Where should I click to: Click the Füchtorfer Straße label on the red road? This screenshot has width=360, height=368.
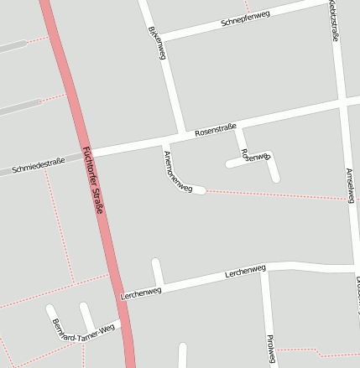pyautogui.click(x=92, y=181)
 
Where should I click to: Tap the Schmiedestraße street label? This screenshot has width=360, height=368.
pyautogui.click(x=39, y=166)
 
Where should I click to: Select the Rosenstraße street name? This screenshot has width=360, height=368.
pyautogui.click(x=216, y=129)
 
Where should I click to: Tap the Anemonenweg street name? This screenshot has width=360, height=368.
pyautogui.click(x=178, y=173)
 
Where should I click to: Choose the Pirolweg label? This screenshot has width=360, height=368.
pyautogui.click(x=270, y=348)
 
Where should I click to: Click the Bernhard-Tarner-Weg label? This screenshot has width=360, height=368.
pyautogui.click(x=82, y=331)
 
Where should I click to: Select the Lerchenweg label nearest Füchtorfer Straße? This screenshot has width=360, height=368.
pyautogui.click(x=141, y=293)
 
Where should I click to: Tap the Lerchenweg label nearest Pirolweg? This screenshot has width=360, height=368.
pyautogui.click(x=245, y=272)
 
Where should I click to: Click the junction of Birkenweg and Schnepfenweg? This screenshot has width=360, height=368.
pyautogui.click(x=157, y=38)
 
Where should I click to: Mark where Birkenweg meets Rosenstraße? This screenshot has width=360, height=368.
pyautogui.click(x=182, y=134)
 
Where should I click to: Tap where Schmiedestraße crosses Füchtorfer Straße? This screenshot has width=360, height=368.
pyautogui.click(x=86, y=153)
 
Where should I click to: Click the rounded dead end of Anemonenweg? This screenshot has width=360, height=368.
pyautogui.click(x=201, y=190)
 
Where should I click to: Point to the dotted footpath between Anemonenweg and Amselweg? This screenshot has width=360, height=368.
pyautogui.click(x=277, y=194)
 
